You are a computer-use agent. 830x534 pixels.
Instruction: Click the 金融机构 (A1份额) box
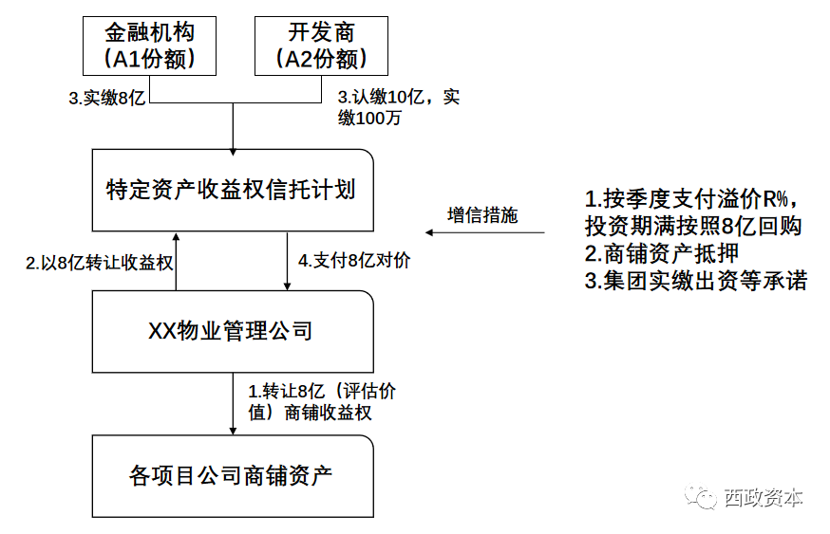[x=150, y=45]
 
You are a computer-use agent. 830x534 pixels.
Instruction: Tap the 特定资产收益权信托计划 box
[x=232, y=189]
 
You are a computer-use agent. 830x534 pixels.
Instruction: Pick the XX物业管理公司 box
[x=232, y=331]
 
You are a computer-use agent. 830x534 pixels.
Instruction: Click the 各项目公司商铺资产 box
[x=232, y=474]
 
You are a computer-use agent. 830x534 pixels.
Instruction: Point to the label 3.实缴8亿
[x=106, y=99]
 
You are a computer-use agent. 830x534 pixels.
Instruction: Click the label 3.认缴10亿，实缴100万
[x=399, y=108]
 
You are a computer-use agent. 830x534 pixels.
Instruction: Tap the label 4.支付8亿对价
[x=354, y=261]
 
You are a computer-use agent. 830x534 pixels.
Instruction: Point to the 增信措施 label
[x=482, y=214]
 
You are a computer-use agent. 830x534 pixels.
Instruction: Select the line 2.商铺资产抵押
[x=661, y=253]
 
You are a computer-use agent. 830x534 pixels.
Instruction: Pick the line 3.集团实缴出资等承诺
[x=695, y=281]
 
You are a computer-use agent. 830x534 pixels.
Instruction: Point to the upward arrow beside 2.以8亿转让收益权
[x=177, y=260]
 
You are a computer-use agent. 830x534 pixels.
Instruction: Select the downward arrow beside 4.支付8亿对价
[x=288, y=260]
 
